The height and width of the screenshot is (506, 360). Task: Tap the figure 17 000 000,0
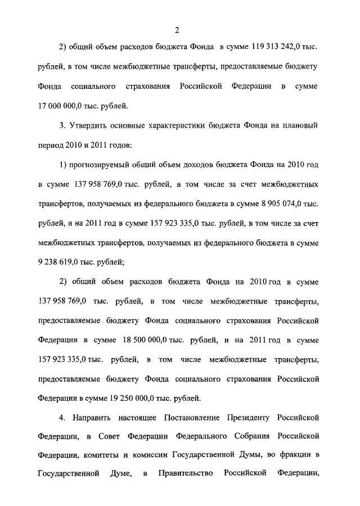[61, 105]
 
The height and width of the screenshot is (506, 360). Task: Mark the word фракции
[295, 455]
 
